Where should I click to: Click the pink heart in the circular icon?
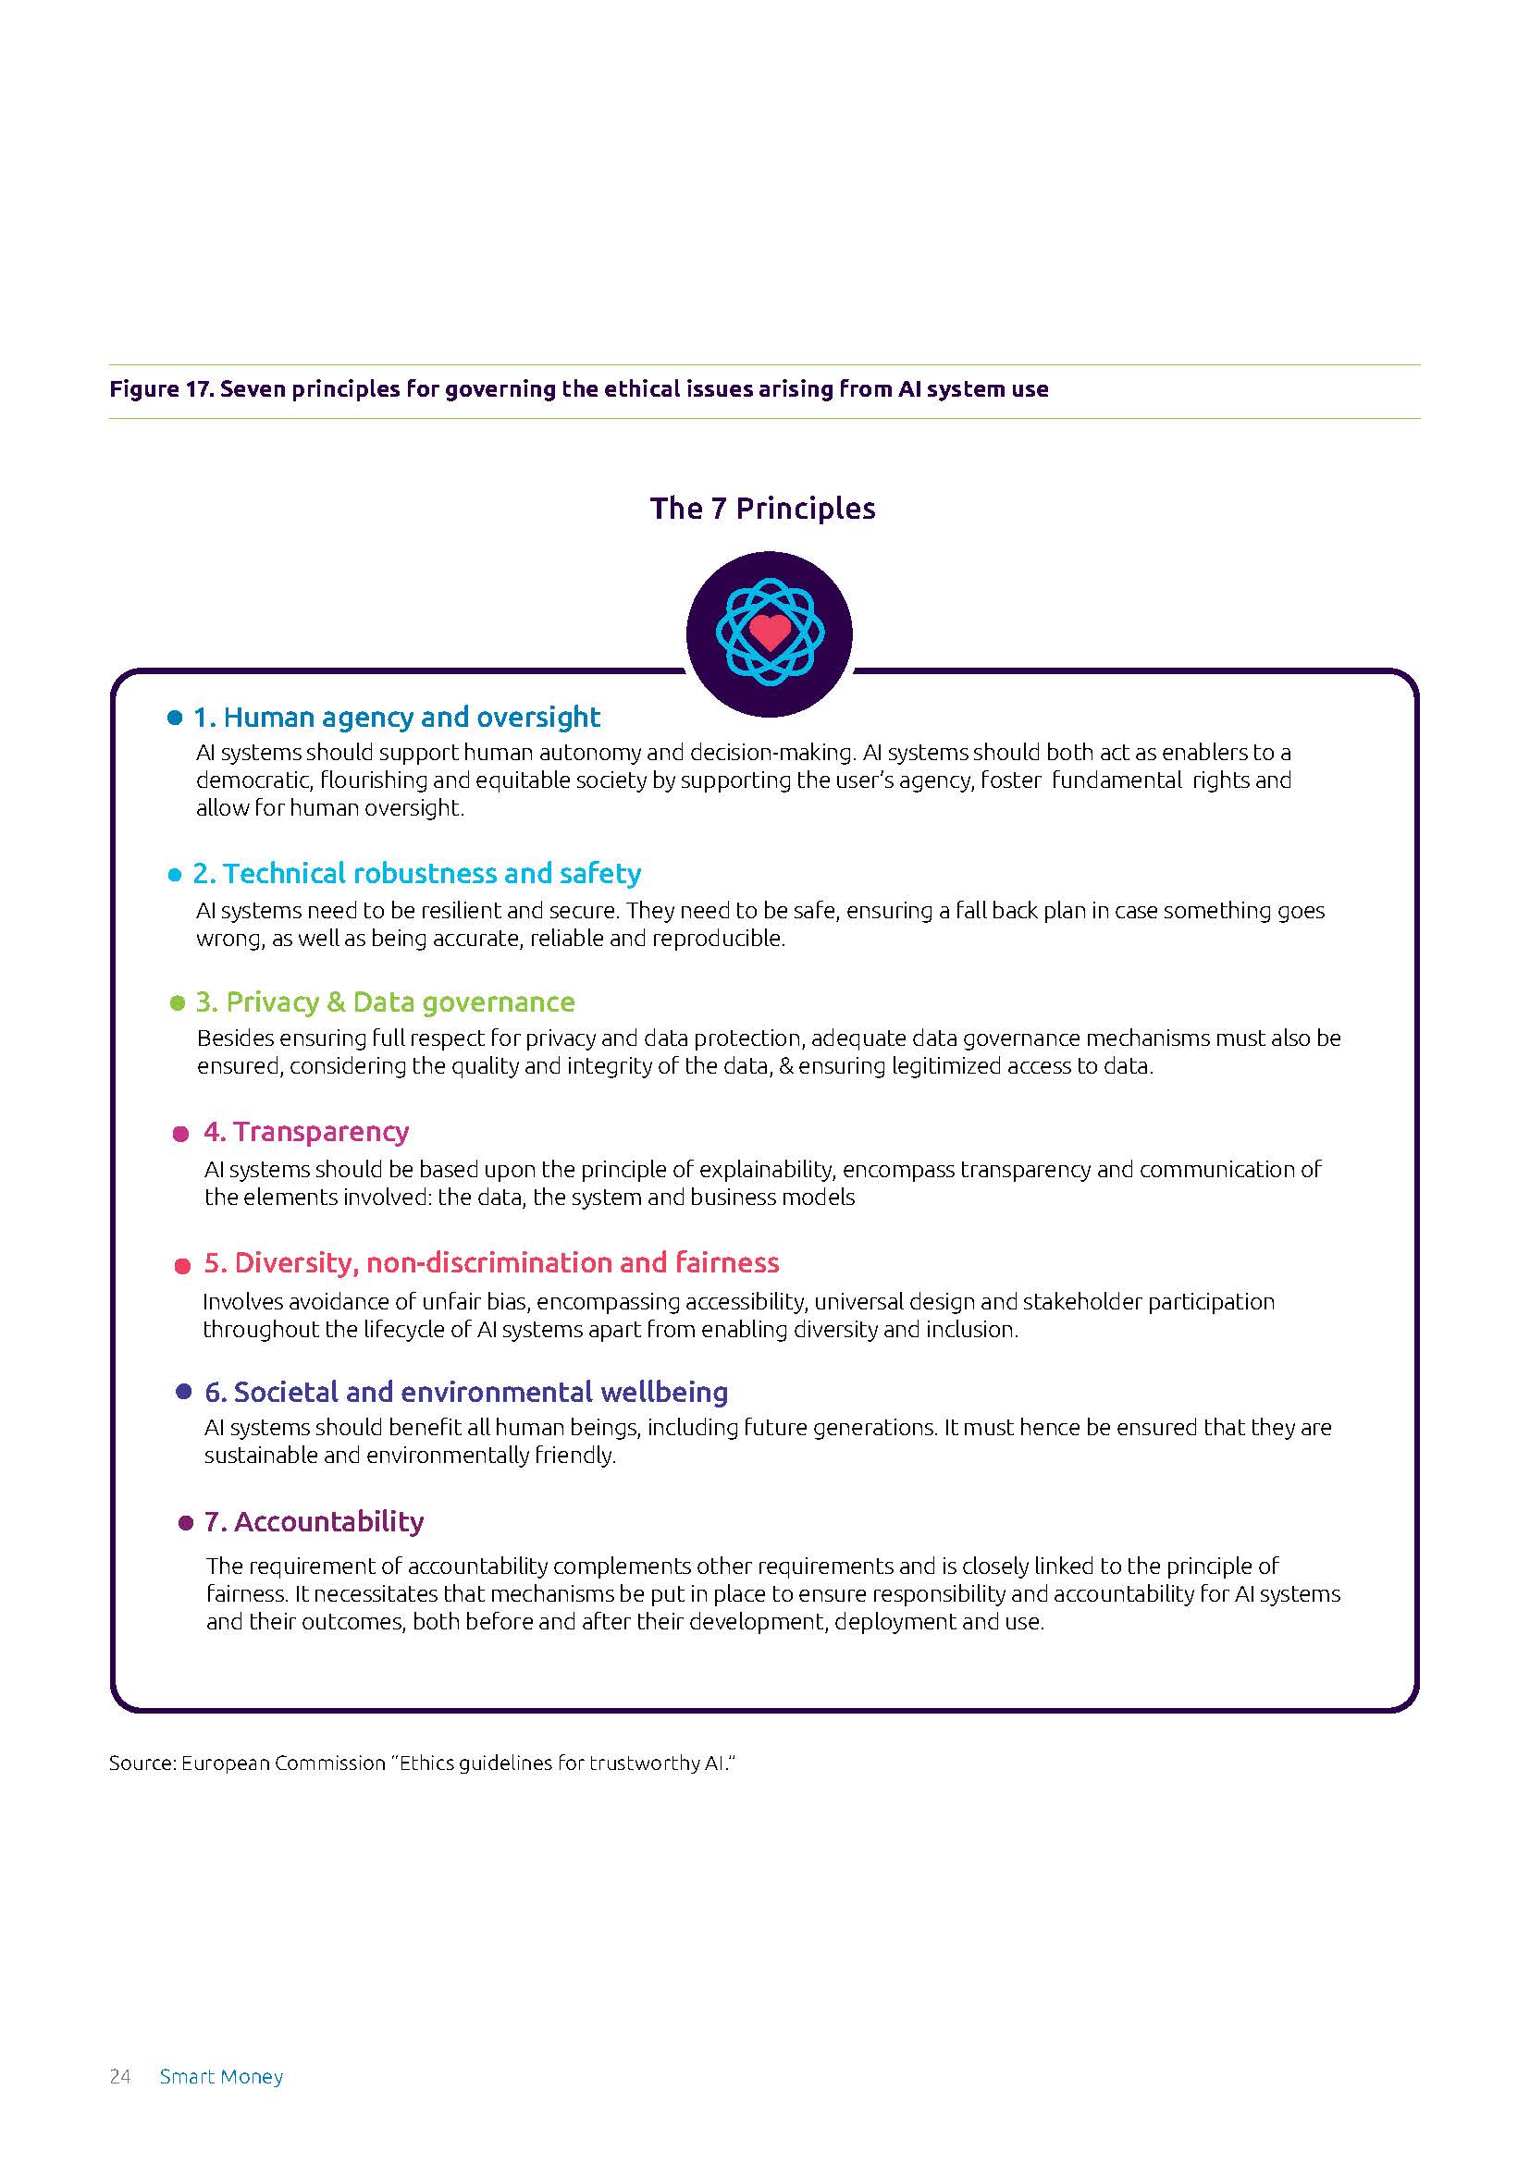769,633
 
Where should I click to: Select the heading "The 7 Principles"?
762,509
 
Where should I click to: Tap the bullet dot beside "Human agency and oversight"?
174,718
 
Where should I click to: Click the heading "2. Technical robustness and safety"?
416,873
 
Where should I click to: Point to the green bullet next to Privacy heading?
177,1003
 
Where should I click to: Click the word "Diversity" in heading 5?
295,1262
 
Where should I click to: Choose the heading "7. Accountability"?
314,1521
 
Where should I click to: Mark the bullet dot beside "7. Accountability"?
186,1523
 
